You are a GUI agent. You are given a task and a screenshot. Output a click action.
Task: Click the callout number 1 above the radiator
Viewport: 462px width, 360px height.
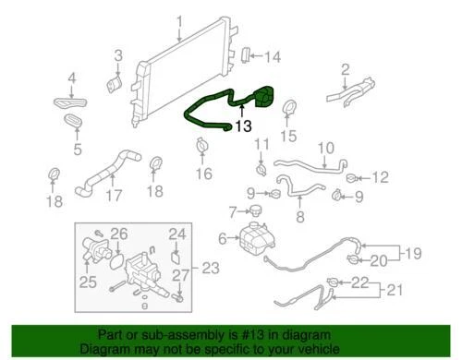pos(180,21)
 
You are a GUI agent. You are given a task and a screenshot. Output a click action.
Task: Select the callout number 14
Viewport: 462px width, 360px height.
pos(271,57)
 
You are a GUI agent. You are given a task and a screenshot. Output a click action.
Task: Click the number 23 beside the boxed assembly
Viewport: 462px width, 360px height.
pos(212,269)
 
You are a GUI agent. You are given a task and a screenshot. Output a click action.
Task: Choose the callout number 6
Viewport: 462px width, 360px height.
pos(222,239)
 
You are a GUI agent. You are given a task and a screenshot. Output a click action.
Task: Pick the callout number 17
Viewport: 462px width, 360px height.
pos(114,196)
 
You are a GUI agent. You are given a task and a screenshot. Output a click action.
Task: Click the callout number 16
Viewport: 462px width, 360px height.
pos(203,174)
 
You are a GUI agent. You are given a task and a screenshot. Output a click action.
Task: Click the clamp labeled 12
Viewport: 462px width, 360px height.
pos(352,177)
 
